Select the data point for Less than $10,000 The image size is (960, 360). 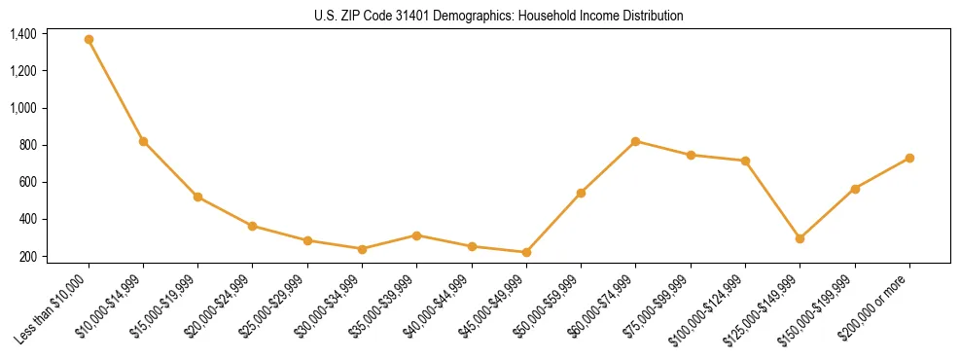point(89,40)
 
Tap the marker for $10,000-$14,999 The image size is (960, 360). point(143,142)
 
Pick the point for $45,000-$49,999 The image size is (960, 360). point(526,252)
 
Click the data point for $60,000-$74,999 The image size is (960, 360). point(635,141)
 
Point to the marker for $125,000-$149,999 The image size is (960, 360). point(800,238)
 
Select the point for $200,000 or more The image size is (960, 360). point(909,158)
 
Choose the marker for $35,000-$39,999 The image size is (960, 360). point(416,235)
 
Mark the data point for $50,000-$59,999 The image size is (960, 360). point(581,193)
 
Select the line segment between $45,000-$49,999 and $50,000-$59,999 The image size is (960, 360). point(553,223)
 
